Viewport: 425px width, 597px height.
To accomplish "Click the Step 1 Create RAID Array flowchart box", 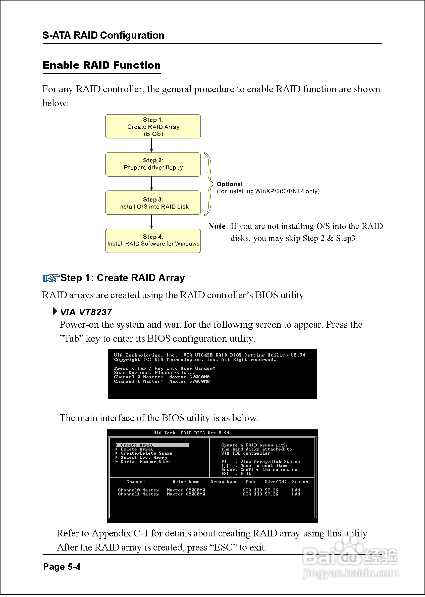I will tap(153, 126).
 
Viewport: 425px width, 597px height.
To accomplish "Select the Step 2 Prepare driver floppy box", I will tap(153, 164).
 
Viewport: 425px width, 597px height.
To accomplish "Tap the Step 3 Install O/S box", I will tap(153, 203).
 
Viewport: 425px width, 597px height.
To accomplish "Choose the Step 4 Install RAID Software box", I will tap(153, 241).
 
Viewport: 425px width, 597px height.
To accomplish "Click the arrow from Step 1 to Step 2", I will tap(151, 145).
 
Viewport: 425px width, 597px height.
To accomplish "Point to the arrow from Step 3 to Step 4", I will tap(151, 222).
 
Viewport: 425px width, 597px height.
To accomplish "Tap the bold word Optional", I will tap(230, 184).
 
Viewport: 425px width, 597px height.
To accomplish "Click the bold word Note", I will tap(217, 226).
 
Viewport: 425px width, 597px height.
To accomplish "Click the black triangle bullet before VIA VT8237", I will tap(55, 311).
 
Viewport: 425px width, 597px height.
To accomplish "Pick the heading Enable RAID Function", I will tap(101, 65).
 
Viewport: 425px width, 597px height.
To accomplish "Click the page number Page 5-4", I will tap(62, 567).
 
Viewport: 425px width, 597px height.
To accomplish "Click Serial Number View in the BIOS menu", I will tap(145, 461).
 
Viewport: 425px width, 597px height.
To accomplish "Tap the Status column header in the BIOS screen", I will tap(300, 482).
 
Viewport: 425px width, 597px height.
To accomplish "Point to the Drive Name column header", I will tap(186, 482).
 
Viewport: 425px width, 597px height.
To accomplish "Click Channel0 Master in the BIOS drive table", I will tap(138, 490).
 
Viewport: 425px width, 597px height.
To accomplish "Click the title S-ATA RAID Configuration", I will tap(103, 35).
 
